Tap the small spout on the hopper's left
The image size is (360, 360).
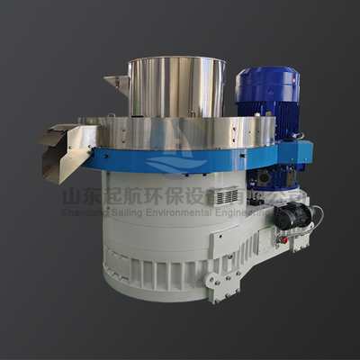116,82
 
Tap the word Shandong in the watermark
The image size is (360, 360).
99,212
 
